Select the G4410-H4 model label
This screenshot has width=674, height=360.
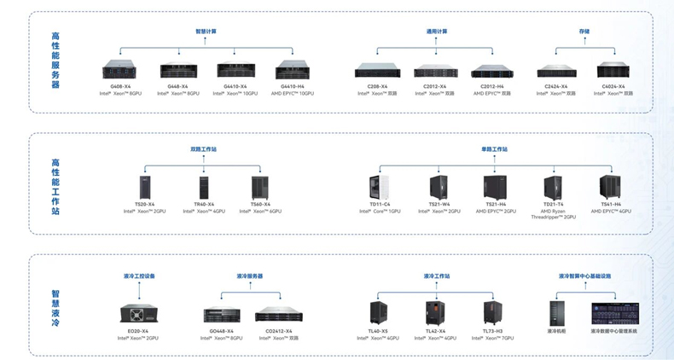[292, 86]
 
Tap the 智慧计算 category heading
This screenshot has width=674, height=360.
[206, 32]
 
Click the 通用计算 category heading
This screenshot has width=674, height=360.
[437, 32]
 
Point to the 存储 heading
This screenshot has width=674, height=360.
[584, 32]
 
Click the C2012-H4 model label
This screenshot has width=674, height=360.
[492, 86]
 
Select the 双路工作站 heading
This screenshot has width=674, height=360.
[203, 149]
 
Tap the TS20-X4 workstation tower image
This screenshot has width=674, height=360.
[144, 187]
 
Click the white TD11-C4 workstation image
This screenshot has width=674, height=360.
[380, 187]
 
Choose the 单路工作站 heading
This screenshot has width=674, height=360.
[494, 149]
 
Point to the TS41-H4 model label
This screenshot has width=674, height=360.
[611, 204]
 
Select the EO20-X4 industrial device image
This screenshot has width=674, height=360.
[138, 313]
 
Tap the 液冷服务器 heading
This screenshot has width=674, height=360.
[249, 276]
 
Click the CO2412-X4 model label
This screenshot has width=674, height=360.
[278, 331]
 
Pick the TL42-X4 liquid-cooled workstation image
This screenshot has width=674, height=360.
[435, 313]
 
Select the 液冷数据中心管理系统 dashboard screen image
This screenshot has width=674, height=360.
[613, 312]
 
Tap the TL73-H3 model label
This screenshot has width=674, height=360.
[492, 331]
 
